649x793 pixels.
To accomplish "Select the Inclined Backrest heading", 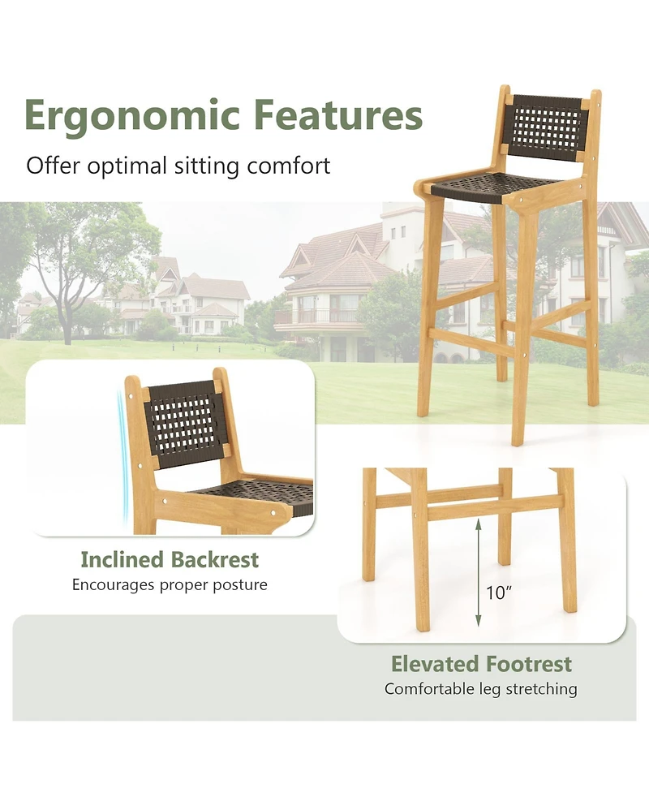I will (170, 559).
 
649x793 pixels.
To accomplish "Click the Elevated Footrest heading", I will (481, 664).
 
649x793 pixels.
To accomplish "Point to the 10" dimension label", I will (500, 593).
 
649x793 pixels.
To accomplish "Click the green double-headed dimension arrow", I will (479, 573).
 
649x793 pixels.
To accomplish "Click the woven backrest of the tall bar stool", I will (548, 127).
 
